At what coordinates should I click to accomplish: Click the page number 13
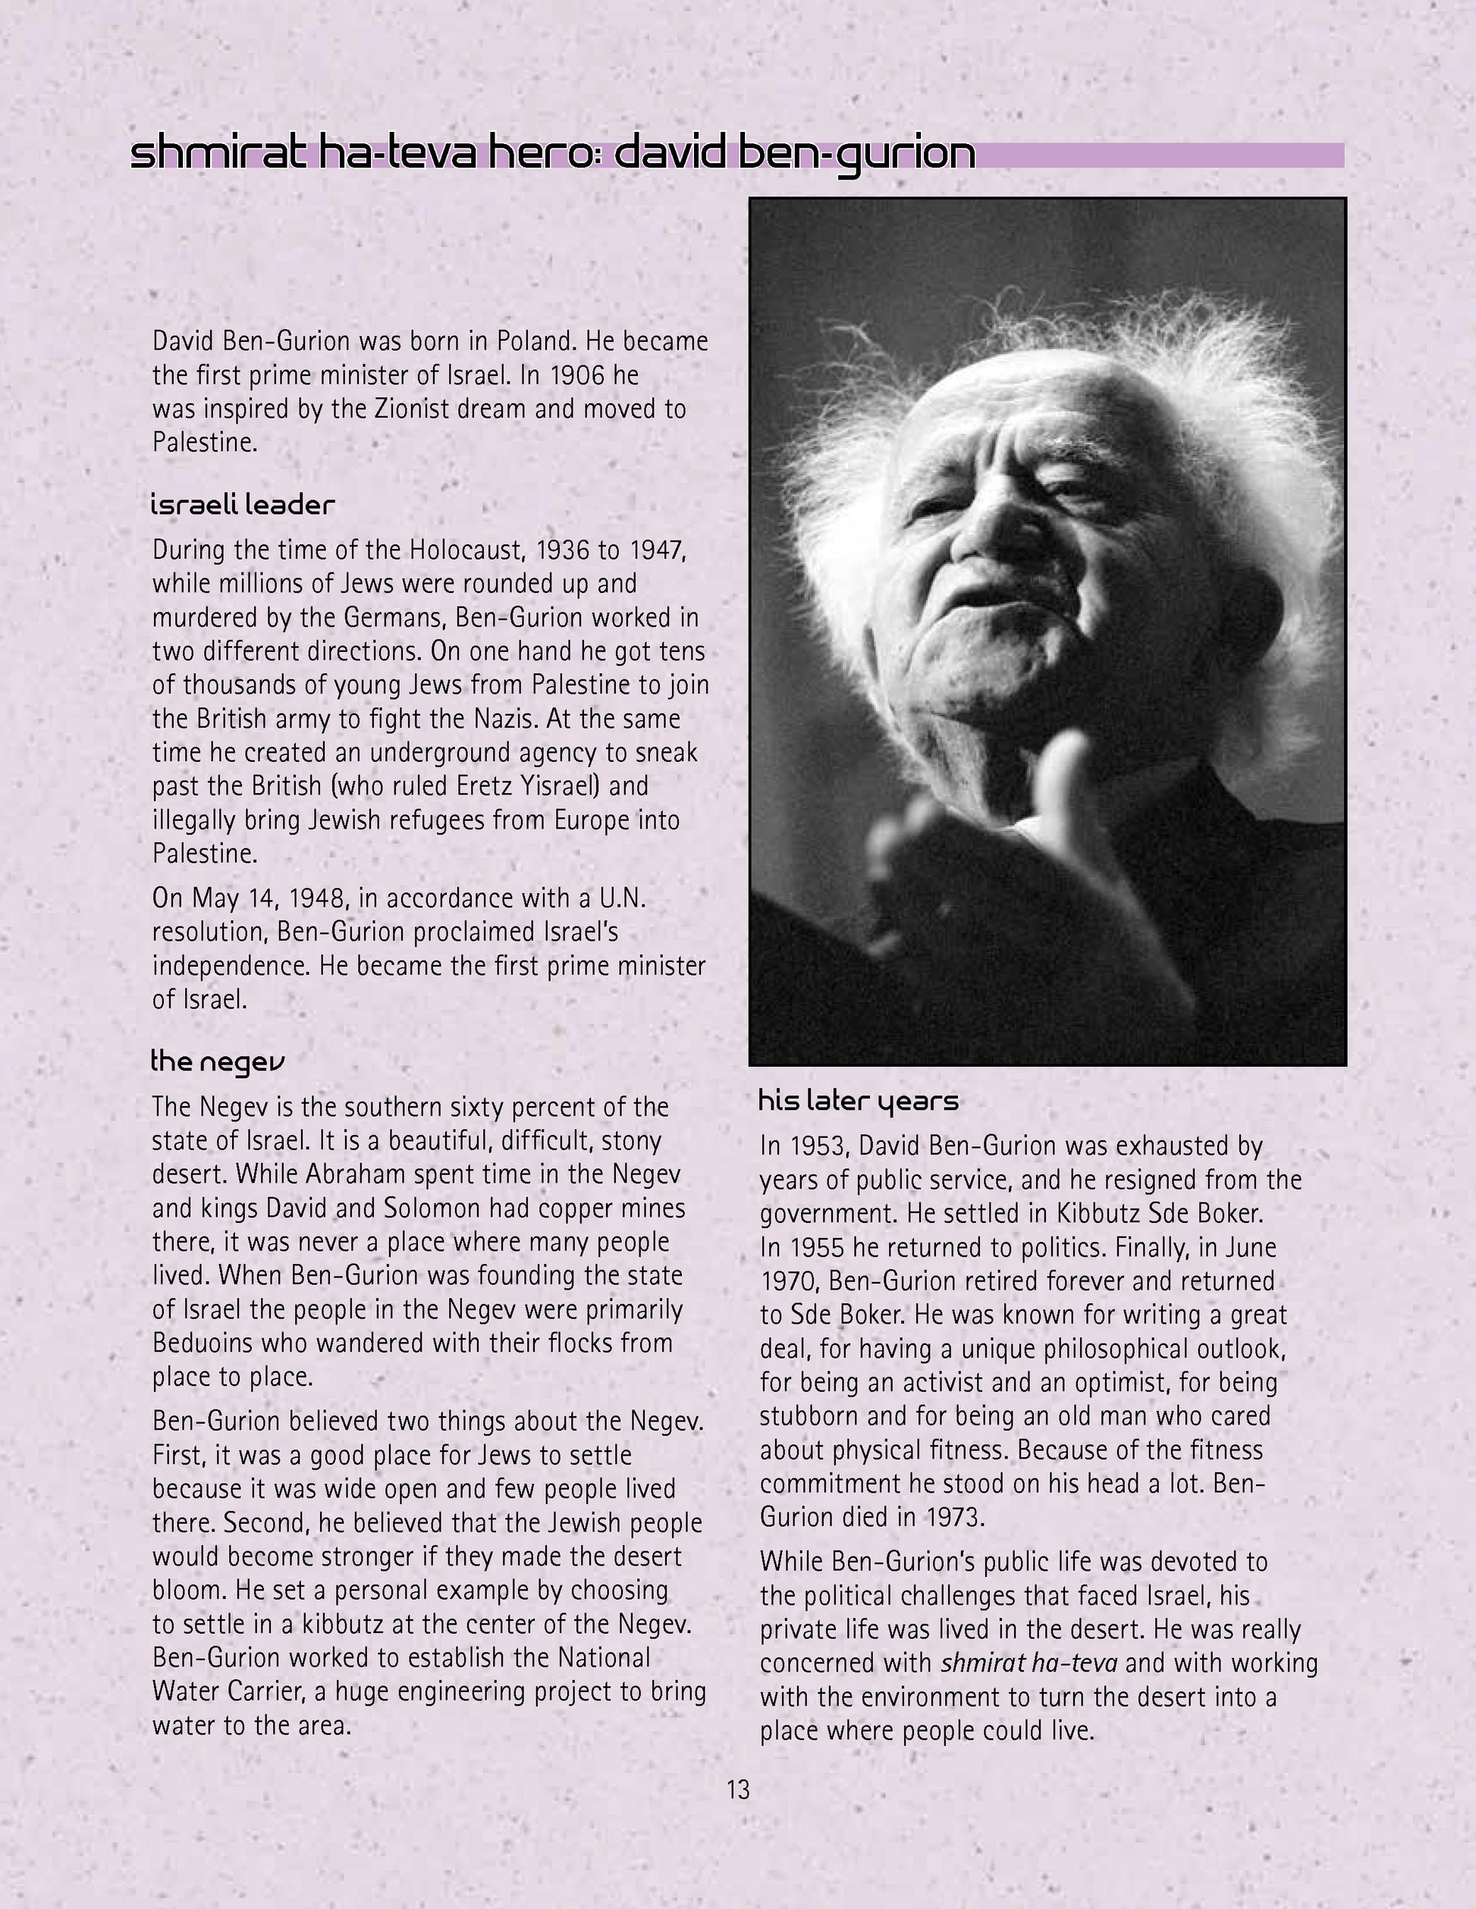click(738, 1790)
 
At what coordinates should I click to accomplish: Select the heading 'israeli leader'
click(242, 505)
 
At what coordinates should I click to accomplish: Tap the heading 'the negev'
click(218, 1062)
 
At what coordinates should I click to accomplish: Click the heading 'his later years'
click(858, 1101)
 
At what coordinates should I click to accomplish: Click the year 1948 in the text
click(319, 898)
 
